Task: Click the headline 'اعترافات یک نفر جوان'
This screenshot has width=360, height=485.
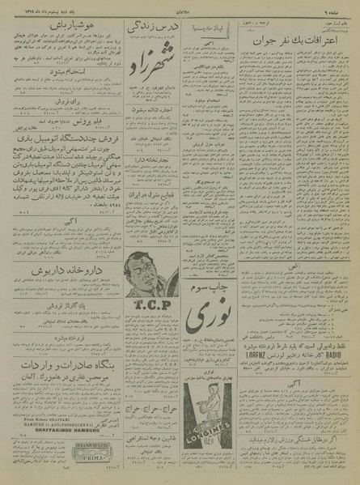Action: click(x=299, y=59)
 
